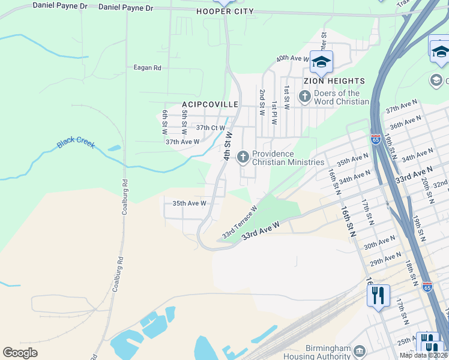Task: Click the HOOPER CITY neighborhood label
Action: (225, 11)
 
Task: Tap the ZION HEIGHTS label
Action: (334, 81)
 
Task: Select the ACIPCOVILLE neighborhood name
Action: (210, 104)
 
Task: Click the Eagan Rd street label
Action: (147, 68)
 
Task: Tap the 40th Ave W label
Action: (292, 59)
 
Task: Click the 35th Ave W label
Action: (189, 203)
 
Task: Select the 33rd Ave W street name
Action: (261, 231)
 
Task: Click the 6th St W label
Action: (164, 122)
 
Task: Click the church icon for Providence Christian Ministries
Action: (243, 157)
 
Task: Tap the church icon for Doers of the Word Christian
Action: (304, 96)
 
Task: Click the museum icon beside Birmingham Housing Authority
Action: (359, 350)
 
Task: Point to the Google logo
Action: (20, 353)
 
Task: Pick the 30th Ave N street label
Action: (379, 242)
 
